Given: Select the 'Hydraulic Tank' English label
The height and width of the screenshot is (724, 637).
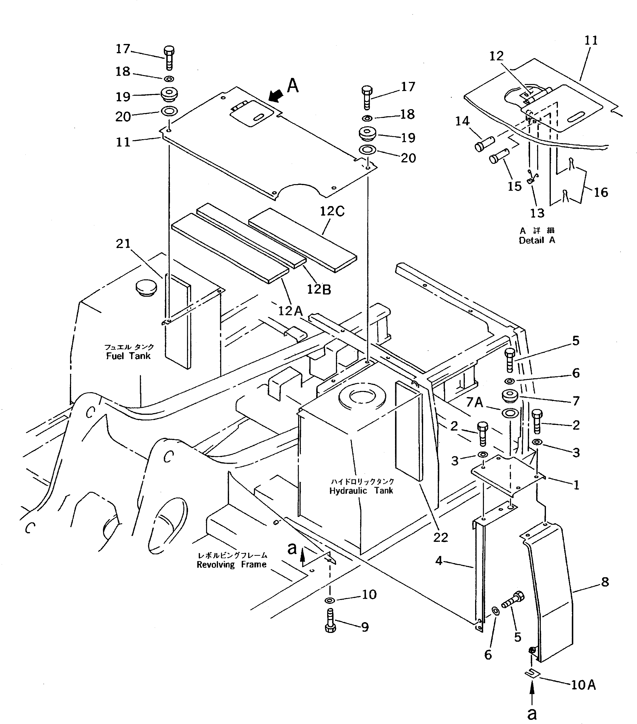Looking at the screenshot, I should point(361,491).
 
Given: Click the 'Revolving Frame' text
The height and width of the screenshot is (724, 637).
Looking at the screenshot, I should point(231,565).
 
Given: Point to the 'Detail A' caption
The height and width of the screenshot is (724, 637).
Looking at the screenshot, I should point(537,240).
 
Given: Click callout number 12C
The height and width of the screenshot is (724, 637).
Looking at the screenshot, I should point(332,211).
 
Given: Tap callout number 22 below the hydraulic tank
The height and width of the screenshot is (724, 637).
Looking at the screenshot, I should point(440,537).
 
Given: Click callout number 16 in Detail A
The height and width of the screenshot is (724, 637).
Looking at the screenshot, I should point(601,192).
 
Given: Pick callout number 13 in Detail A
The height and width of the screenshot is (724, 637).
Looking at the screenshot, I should point(537,213).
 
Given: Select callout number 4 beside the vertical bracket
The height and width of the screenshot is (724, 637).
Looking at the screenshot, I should point(439,561).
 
